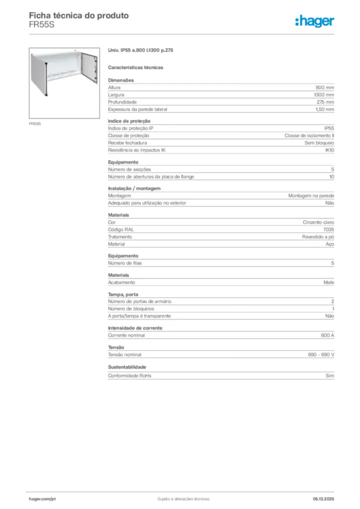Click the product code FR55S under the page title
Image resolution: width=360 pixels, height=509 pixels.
click(41, 25)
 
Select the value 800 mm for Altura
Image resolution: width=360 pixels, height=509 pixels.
click(325, 87)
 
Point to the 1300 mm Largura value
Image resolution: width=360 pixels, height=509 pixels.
click(324, 94)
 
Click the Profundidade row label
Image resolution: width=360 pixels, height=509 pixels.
click(122, 102)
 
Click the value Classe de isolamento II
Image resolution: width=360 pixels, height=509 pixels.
click(309, 136)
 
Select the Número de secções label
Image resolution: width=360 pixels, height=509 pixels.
click(129, 170)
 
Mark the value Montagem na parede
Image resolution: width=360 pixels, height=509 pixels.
click(311, 196)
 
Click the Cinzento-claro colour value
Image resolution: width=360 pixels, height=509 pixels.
click(318, 222)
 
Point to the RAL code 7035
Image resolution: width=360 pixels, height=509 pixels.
click(328, 230)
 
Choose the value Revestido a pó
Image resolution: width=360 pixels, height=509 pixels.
click(318, 237)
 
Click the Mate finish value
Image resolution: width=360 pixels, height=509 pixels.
click(329, 282)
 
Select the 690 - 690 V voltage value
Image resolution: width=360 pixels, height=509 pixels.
click(321, 355)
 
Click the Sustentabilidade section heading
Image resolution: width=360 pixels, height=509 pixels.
click(127, 367)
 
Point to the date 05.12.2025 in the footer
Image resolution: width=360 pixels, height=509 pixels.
click(323, 499)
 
